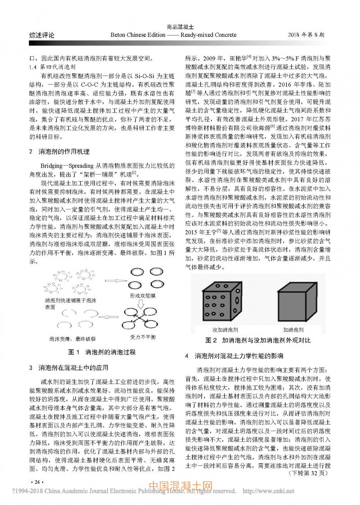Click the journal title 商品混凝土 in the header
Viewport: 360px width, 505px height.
click(x=180, y=27)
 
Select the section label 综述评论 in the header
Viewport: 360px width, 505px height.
click(x=42, y=35)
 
